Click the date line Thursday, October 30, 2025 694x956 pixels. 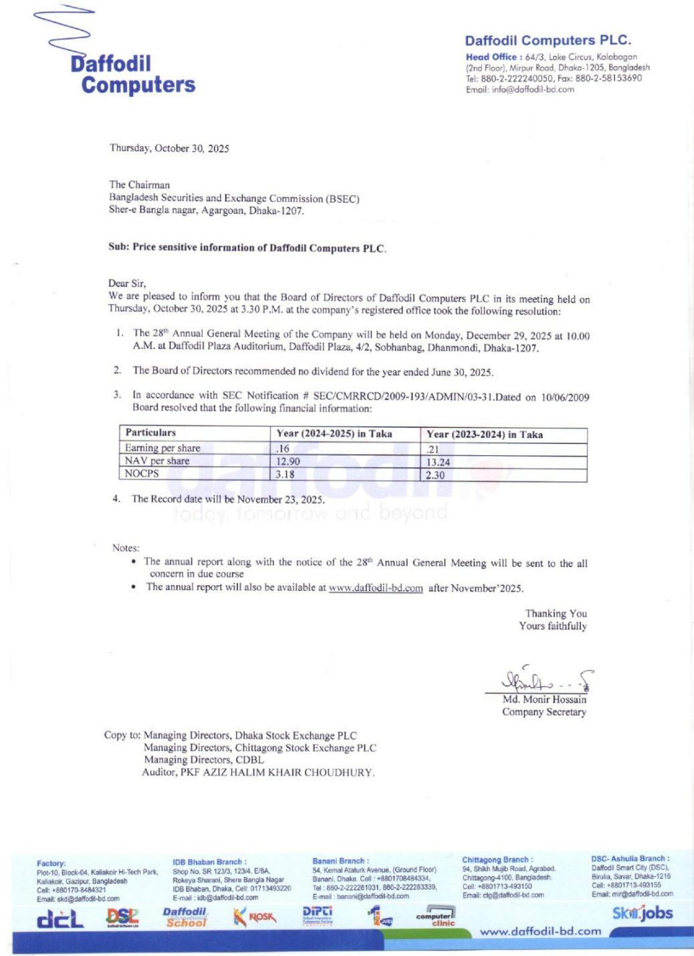(169, 148)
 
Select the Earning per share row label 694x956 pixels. (162, 448)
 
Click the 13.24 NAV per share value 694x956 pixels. (439, 462)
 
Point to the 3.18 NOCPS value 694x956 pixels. (285, 475)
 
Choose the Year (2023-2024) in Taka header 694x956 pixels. (485, 435)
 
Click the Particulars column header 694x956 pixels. (150, 433)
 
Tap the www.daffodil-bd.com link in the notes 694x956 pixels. (376, 588)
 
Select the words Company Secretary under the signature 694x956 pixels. (544, 712)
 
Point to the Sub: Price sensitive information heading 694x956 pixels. (247, 247)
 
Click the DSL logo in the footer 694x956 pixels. (122, 918)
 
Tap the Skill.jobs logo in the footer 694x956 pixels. (642, 913)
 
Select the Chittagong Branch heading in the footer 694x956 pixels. (497, 860)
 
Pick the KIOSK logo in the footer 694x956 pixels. (255, 917)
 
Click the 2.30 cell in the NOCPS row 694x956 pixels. (435, 475)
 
